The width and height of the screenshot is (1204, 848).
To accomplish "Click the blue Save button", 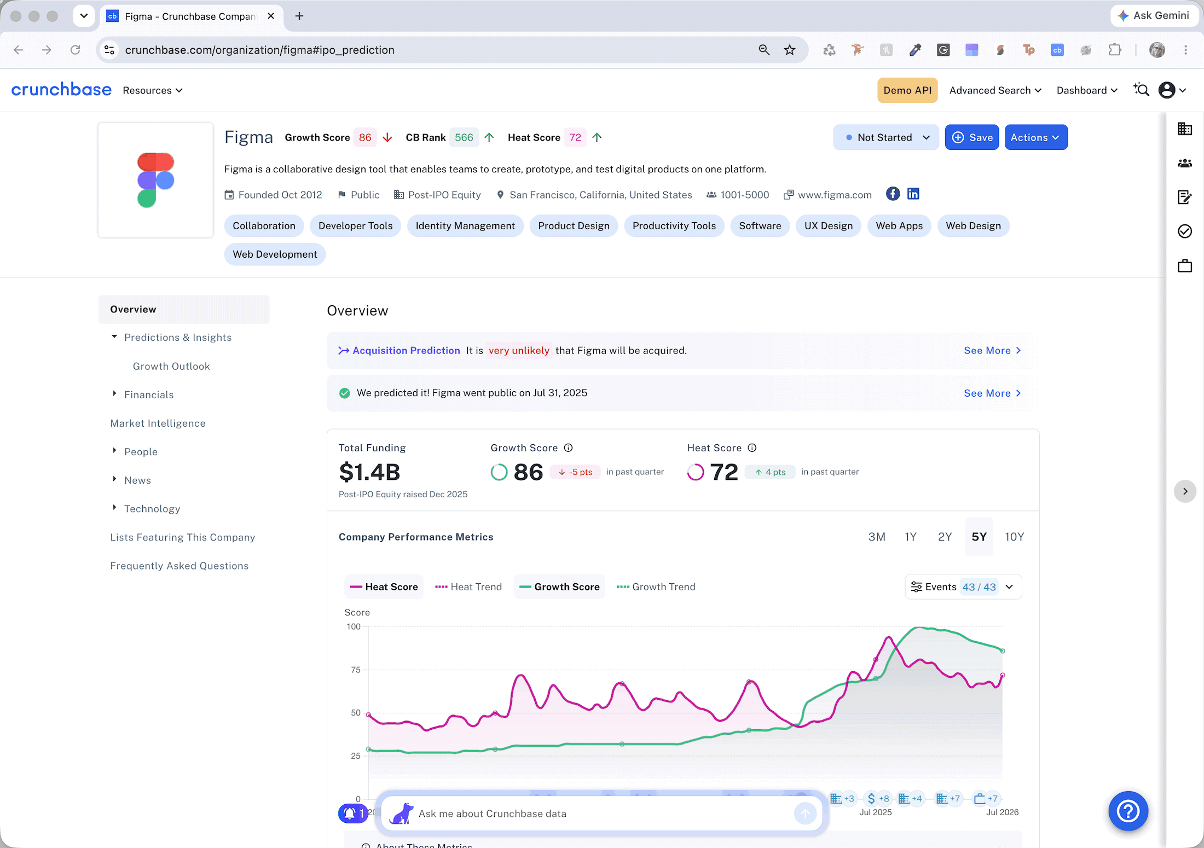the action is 972,137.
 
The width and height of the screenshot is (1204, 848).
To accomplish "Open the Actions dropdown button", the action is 1036,137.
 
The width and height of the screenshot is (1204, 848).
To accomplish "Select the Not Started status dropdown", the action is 886,137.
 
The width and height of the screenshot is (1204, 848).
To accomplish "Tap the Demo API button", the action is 907,90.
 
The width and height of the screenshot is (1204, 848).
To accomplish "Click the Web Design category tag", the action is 973,226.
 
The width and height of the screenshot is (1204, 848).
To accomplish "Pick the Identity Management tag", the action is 465,226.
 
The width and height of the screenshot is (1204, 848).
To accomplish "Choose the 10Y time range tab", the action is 1014,537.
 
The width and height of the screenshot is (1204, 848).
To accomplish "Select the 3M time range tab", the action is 877,537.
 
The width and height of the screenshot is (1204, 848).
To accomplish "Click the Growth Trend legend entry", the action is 656,586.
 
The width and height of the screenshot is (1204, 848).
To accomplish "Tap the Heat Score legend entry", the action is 384,586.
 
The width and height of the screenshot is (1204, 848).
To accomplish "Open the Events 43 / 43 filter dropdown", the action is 963,586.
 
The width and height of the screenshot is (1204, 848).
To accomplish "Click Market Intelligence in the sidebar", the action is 158,423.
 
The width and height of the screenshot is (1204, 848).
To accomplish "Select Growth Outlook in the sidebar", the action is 171,366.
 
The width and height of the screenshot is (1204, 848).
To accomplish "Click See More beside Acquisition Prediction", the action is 992,351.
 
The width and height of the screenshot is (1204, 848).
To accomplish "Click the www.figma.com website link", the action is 835,195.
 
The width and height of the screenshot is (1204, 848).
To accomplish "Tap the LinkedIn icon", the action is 913,194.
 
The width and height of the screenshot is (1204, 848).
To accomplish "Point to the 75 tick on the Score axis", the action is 356,670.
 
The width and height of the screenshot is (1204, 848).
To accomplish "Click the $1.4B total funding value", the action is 370,472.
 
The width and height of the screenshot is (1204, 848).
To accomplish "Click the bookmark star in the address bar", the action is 790,50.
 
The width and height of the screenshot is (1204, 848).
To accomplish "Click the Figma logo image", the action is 155,180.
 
